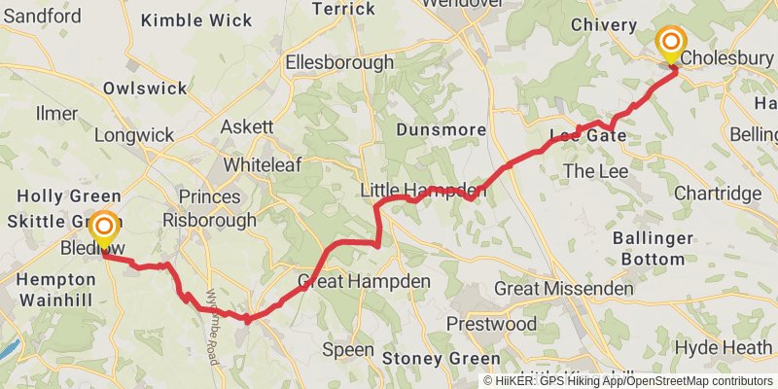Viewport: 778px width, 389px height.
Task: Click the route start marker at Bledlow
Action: click(x=103, y=230)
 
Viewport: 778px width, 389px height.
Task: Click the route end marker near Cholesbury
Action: click(x=671, y=44)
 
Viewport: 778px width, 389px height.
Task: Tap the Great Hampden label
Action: click(x=364, y=282)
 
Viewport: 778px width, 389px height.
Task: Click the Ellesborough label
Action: click(x=339, y=63)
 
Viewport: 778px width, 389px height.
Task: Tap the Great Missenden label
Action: click(x=563, y=289)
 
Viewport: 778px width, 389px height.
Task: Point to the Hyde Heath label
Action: click(x=724, y=348)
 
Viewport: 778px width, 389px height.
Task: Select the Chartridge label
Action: click(x=718, y=194)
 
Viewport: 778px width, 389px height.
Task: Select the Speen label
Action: click(x=347, y=349)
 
